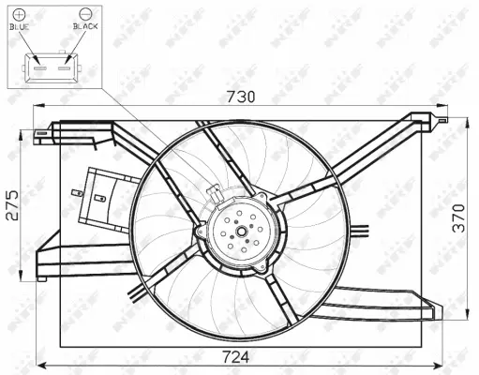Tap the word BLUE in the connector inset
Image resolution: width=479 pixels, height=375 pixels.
coord(20,29)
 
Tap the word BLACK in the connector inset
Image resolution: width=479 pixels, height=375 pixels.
coord(85,29)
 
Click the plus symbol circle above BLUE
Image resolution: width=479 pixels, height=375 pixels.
coord(20,14)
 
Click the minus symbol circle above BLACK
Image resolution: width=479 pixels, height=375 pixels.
coord(85,14)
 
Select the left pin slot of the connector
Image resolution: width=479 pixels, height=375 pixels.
coord(39,66)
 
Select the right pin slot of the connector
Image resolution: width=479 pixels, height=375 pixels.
coord(64,66)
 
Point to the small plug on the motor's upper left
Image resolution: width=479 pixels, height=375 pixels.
coord(215,193)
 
